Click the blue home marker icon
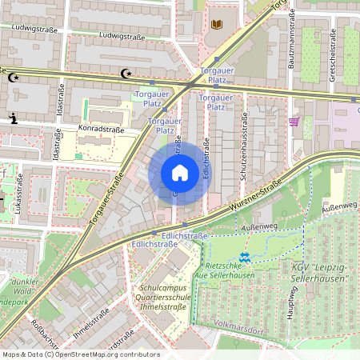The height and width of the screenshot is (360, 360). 180,173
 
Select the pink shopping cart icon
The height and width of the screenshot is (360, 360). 294,122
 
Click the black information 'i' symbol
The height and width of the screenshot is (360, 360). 12,118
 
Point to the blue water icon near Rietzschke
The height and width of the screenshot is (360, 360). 246,257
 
